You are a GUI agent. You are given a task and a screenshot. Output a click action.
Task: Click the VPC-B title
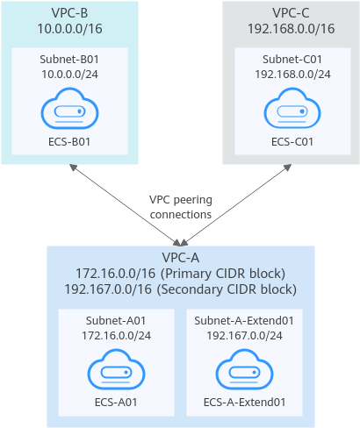[69, 13]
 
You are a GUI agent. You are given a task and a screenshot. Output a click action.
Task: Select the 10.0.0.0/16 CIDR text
[69, 29]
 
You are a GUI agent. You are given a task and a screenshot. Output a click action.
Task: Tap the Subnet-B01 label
[69, 59]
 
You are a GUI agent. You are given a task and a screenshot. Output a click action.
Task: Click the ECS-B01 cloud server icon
[69, 108]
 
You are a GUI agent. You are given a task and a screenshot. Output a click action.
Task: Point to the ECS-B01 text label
[69, 142]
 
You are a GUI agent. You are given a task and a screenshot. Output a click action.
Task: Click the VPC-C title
[291, 13]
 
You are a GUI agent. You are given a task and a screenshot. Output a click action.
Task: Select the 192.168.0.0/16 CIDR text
[291, 29]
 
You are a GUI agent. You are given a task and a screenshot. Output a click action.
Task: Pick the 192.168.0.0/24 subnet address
[292, 75]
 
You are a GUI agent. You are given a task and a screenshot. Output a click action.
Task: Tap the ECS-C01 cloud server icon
[292, 108]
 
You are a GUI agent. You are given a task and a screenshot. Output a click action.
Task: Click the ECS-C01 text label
[292, 142]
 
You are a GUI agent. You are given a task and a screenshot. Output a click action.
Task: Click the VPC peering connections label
[181, 207]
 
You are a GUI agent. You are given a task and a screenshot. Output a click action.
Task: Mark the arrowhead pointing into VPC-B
[73, 167]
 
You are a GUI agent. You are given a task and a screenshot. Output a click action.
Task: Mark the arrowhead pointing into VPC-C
[288, 167]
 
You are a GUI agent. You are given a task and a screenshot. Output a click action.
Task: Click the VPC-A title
[181, 258]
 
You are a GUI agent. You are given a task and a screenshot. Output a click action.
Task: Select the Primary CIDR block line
[181, 274]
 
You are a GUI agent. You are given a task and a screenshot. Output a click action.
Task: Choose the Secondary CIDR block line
[181, 289]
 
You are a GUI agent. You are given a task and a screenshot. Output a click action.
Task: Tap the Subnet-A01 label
[116, 321]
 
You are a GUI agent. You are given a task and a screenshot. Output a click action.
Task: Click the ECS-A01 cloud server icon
[116, 369]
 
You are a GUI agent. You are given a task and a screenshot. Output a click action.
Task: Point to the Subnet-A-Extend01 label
[244, 321]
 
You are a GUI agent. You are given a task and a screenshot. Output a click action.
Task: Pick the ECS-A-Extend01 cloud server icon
[244, 369]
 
